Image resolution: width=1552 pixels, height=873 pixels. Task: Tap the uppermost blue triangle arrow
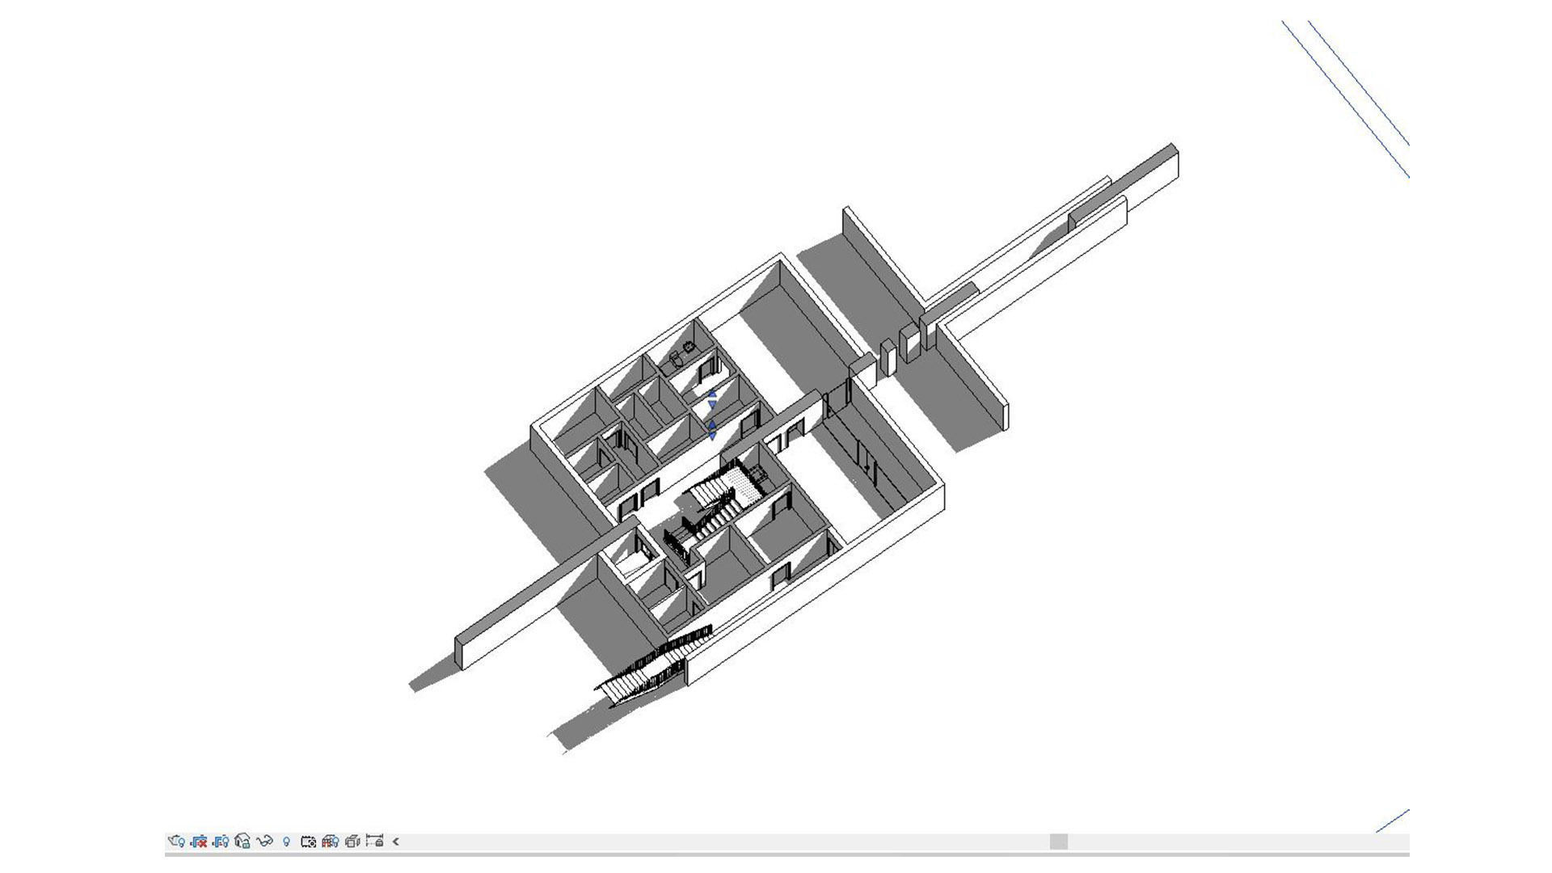tap(712, 394)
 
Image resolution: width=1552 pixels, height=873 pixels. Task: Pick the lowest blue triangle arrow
tap(712, 436)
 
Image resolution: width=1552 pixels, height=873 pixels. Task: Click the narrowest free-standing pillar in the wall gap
tap(888, 360)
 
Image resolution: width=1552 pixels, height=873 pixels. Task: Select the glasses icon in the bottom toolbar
tap(264, 841)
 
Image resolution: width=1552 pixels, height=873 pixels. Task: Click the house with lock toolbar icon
tap(242, 841)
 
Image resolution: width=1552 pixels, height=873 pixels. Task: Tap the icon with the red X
tap(199, 841)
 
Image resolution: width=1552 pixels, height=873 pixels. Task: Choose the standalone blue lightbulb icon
tap(286, 841)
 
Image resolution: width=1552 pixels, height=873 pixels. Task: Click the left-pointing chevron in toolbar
tap(396, 841)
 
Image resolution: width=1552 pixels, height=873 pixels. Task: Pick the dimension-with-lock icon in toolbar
tap(374, 841)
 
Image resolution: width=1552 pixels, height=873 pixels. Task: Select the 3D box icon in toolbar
tap(352, 841)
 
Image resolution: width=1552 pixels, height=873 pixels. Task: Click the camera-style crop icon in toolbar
tap(308, 841)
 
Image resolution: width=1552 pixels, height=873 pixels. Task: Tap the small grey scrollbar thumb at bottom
tap(1058, 841)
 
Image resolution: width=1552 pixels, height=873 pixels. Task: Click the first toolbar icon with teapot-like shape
tap(176, 841)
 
